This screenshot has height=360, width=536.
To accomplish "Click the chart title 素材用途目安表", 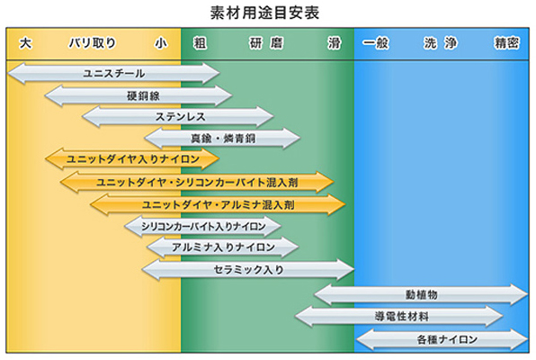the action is click(264, 13).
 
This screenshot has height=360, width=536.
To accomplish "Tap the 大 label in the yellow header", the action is click(26, 43).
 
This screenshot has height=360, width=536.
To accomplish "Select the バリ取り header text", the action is click(93, 43).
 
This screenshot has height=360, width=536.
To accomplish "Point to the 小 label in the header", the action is click(161, 43).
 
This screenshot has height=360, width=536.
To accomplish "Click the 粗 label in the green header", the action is click(200, 43).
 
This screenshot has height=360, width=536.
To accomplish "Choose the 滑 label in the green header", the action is click(334, 43).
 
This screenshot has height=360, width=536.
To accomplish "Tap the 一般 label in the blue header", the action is click(376, 43).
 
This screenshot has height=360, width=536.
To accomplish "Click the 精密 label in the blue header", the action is click(507, 43).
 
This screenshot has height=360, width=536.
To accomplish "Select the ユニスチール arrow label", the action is click(114, 73).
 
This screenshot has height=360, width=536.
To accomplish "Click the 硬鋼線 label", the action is click(143, 95).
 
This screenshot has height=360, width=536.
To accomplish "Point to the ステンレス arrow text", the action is click(181, 117).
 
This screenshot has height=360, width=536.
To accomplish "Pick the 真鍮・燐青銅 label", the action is click(223, 139).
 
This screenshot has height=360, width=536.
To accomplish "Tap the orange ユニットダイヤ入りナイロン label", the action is click(132, 159).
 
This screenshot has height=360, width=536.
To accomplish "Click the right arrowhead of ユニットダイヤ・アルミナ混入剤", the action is click(336, 204).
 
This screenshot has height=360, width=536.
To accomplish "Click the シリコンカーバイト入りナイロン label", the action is click(203, 226).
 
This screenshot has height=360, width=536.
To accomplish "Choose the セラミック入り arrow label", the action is click(248, 270).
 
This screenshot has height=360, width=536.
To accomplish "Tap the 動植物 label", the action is click(422, 294).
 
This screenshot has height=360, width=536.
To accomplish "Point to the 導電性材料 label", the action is click(401, 316).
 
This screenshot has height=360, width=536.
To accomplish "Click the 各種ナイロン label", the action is click(447, 339).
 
